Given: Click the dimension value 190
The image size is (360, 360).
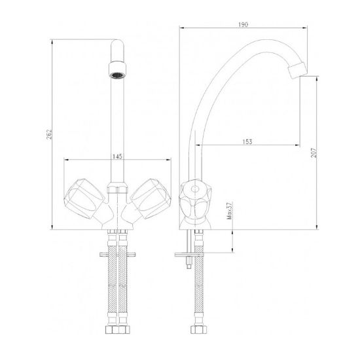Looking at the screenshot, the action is pyautogui.click(x=243, y=24).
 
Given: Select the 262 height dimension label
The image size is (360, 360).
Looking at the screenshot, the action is pyautogui.click(x=49, y=134).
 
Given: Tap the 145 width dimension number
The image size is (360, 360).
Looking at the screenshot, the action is pyautogui.click(x=117, y=156).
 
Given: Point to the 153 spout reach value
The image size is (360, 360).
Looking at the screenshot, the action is pyautogui.click(x=247, y=141).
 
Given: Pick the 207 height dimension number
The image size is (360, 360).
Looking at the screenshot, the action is pyautogui.click(x=314, y=153).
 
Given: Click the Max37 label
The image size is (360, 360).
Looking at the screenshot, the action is pyautogui.click(x=230, y=211).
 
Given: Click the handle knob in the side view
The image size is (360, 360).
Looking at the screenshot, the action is pyautogui.click(x=195, y=200).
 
